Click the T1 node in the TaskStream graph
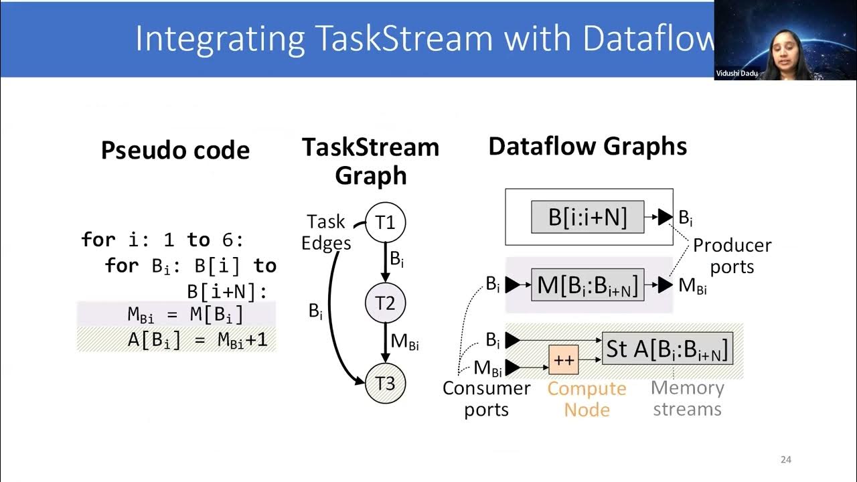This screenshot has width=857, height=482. (385, 222)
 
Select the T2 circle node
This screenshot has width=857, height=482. (385, 303)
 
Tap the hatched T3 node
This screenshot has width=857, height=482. (385, 383)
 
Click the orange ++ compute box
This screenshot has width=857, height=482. (563, 360)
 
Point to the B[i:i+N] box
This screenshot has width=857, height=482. (587, 217)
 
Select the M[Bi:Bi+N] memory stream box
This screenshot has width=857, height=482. (587, 285)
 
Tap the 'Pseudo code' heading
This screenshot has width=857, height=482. (175, 150)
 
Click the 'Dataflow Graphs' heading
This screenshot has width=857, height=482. (587, 147)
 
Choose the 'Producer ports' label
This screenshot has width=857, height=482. (731, 256)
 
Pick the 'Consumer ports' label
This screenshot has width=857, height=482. (486, 399)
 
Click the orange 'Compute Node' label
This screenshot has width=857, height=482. (587, 399)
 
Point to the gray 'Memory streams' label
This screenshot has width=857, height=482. (687, 399)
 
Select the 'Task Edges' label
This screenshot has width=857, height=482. (326, 232)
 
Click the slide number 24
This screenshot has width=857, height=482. (786, 460)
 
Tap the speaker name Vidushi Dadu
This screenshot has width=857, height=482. (736, 74)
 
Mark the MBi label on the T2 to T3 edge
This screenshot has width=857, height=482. (405, 342)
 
